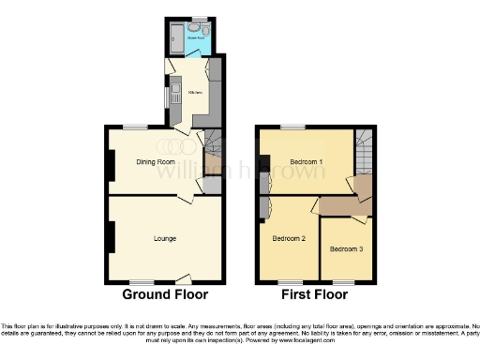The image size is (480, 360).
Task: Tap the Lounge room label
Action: coord(165,238)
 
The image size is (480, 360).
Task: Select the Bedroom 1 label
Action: coord(307,162)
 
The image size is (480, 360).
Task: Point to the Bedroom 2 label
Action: coord(289,238)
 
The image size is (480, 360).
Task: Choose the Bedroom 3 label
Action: coord(347,249)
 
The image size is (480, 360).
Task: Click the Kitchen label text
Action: coord(196,93)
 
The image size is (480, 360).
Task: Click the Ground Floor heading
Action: coord(165,294)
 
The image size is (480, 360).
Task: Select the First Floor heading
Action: coord(315,294)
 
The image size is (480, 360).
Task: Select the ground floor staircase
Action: coord(214,148)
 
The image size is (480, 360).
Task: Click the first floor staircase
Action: coord(364,148)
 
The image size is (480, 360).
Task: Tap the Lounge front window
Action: coord(141,281)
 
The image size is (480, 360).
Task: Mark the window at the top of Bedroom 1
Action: coord(292,126)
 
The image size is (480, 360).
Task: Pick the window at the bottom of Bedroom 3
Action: coord(344,281)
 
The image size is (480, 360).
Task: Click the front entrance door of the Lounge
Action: coord(183,279)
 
